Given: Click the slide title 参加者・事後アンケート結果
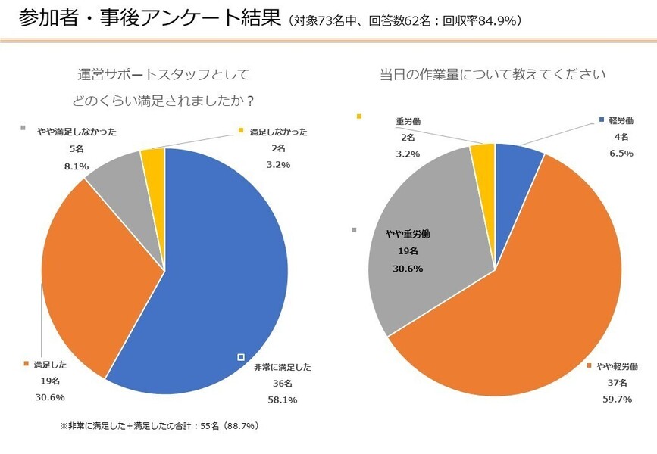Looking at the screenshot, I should [147, 18].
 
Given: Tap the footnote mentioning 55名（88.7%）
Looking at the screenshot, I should [159, 426].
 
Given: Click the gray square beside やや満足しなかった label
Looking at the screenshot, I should [23, 128].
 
